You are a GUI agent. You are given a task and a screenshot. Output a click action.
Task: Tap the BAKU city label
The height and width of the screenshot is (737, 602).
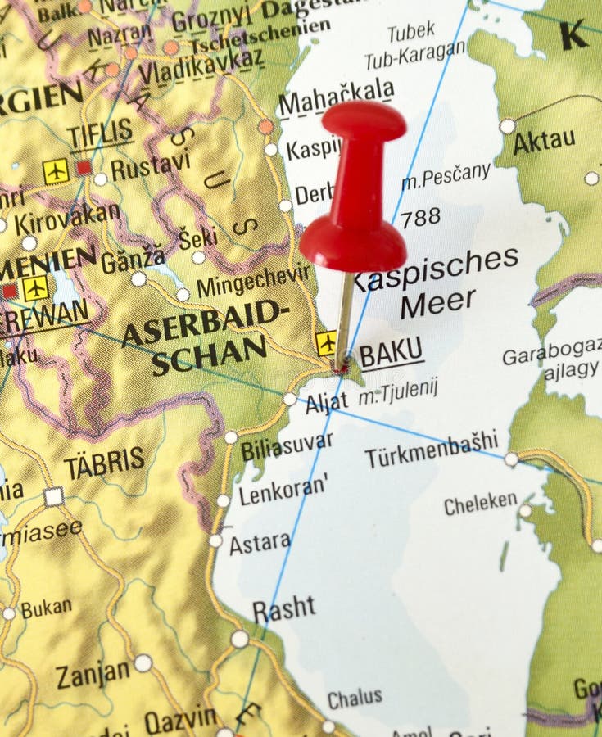pos(392,354)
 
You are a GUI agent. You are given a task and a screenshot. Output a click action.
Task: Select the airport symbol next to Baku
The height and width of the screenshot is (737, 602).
pos(326,343)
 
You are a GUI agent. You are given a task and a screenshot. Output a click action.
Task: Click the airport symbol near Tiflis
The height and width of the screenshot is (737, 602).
pos(57,170)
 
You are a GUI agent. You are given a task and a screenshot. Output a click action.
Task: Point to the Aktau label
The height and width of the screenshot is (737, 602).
pos(544,142)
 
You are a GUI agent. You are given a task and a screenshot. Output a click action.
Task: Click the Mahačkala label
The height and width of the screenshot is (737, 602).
pos(336,99)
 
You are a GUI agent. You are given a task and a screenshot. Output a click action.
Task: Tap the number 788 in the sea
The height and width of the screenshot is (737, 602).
pos(420,217)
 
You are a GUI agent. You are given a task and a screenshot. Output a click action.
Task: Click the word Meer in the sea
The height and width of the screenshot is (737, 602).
pos(438,303)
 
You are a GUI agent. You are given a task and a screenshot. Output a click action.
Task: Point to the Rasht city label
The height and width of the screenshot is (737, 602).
pos(283,609)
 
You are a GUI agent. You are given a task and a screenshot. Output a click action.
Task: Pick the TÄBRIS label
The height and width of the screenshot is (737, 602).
pos(104,463)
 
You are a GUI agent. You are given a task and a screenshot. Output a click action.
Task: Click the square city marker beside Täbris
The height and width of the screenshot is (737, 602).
pos(54,496)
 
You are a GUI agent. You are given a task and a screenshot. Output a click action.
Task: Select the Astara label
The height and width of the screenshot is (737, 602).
pos(259,543)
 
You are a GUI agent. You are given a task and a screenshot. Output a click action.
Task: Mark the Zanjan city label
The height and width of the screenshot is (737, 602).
pos(93,674)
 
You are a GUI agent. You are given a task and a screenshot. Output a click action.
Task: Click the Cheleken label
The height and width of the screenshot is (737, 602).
pos(481,503)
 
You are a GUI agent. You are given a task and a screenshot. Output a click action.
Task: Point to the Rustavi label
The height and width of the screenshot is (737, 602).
pos(150,167)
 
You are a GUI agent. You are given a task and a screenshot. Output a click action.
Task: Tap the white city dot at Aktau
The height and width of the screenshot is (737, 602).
pos(508,126)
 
